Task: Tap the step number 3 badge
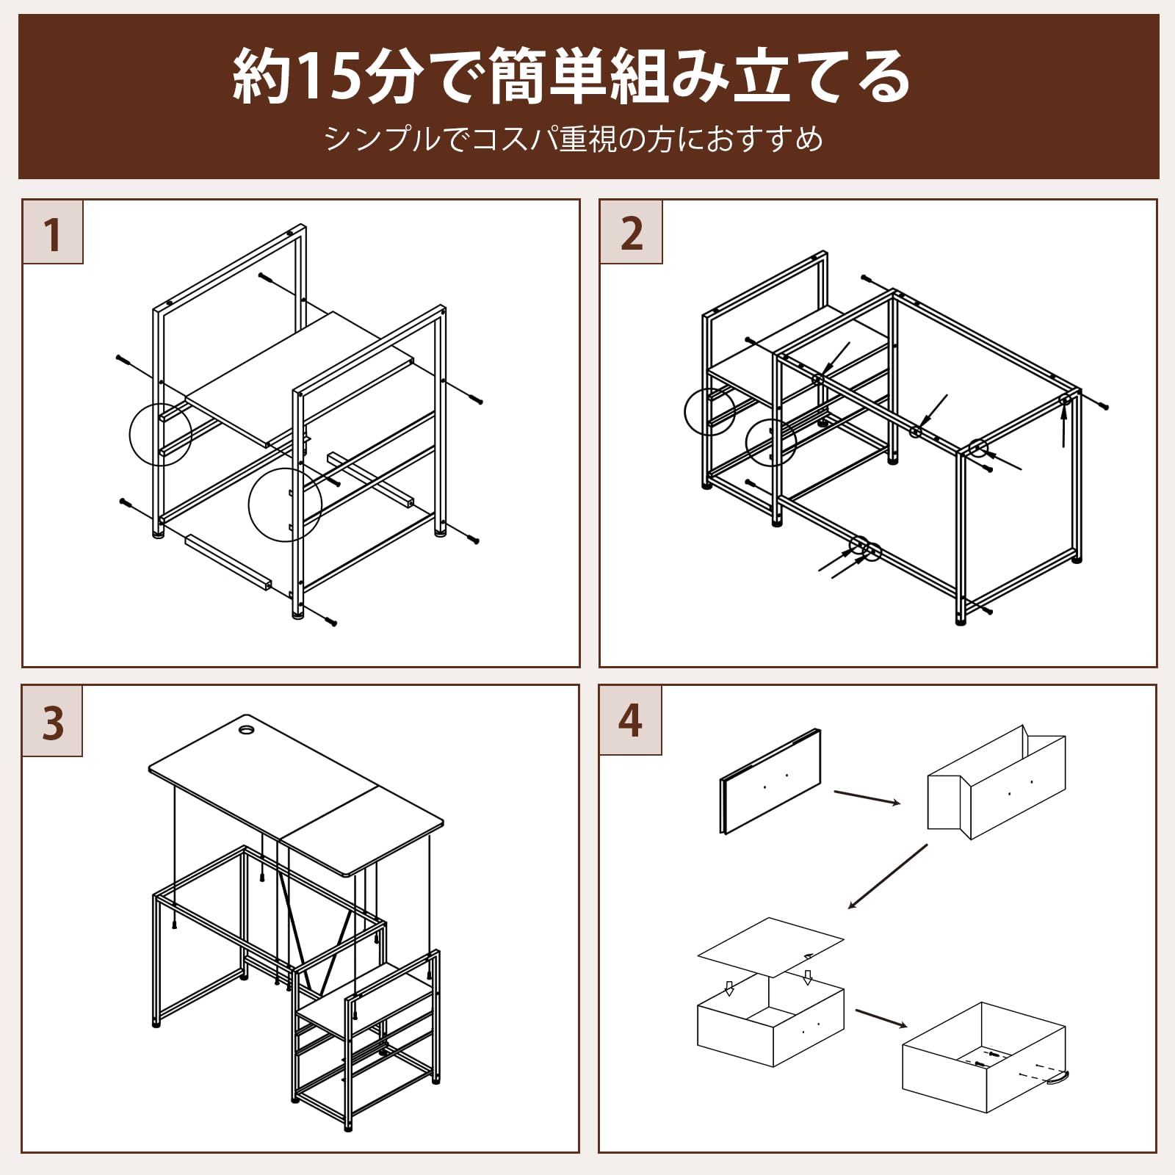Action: (x=52, y=721)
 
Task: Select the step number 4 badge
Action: (x=630, y=720)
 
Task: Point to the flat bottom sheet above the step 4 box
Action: (x=770, y=947)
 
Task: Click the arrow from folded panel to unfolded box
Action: (x=867, y=798)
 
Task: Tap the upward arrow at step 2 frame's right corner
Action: (x=1063, y=427)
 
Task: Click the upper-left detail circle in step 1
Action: (x=160, y=433)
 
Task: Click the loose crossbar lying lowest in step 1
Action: (x=228, y=563)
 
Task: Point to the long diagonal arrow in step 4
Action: (x=888, y=876)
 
